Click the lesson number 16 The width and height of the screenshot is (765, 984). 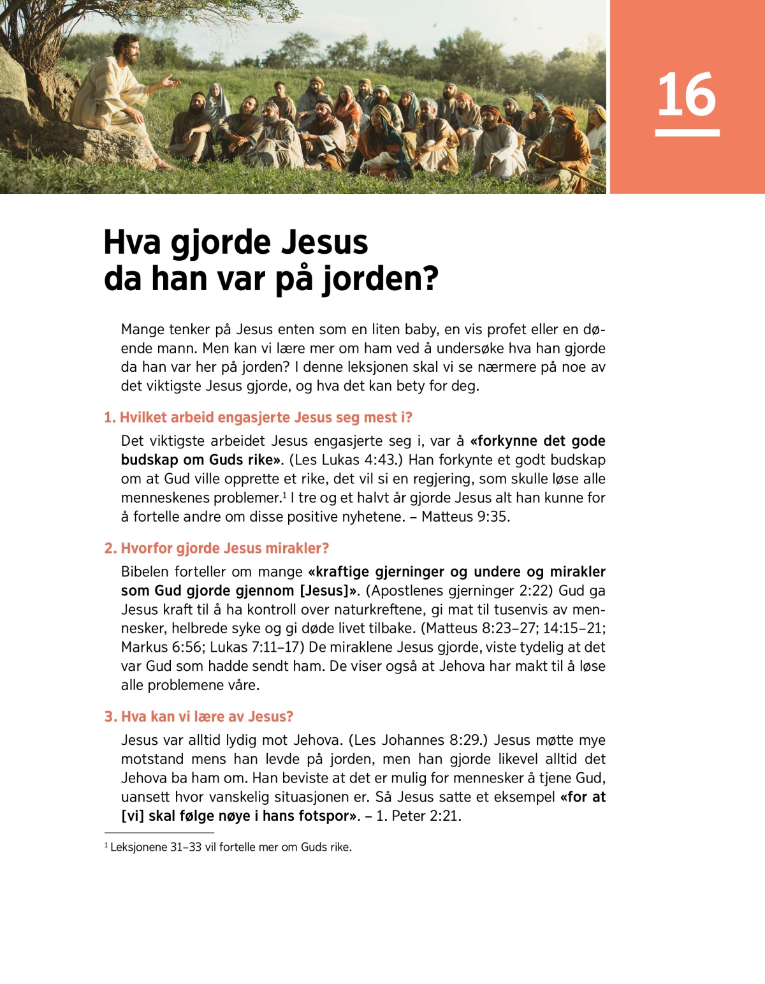click(x=687, y=94)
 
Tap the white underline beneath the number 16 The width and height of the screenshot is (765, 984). click(x=687, y=133)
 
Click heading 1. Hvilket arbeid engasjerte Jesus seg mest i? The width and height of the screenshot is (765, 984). click(x=258, y=418)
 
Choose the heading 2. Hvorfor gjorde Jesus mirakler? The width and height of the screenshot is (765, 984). click(x=217, y=548)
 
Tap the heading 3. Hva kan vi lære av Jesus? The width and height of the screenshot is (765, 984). click(x=199, y=717)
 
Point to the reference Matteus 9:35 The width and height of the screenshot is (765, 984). click(x=465, y=517)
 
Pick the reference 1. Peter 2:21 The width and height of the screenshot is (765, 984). click(x=418, y=816)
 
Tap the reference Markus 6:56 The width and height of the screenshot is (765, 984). click(x=150, y=647)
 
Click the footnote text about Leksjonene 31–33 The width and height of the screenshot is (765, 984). click(x=229, y=848)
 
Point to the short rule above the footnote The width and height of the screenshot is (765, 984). click(x=159, y=832)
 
